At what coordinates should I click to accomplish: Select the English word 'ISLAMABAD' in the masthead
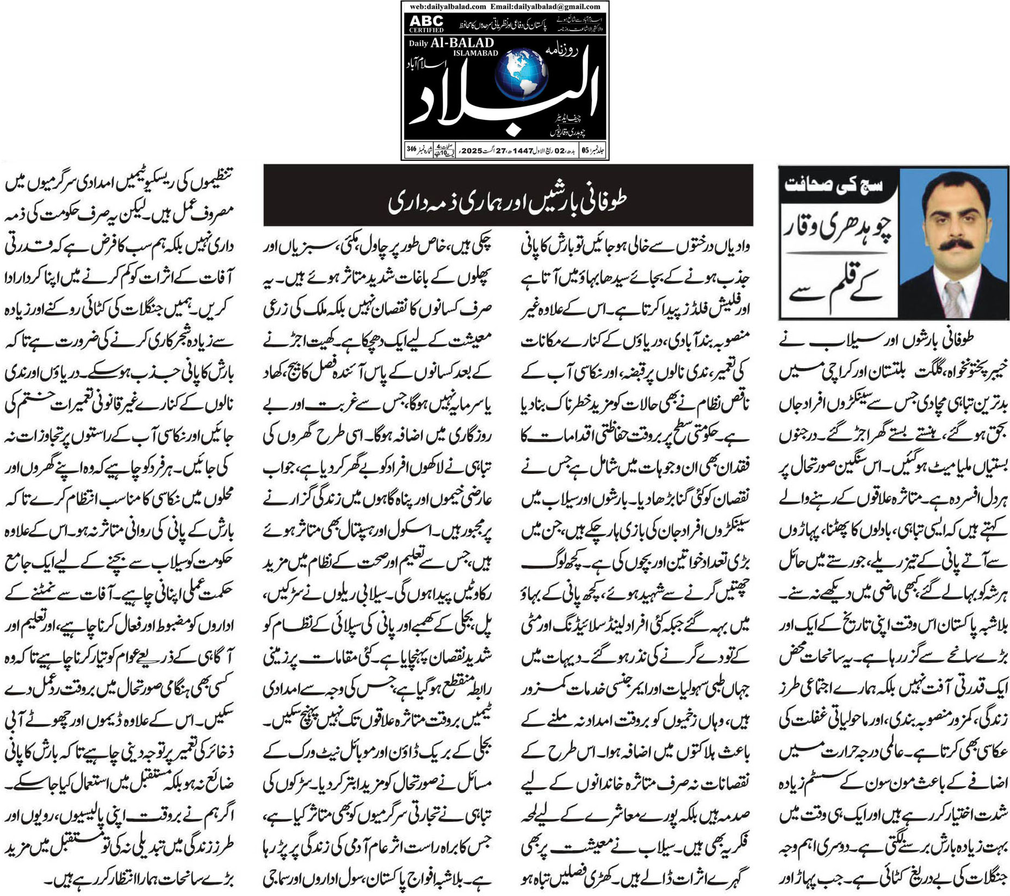[x=475, y=53]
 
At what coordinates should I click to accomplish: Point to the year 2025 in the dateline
[x=472, y=151]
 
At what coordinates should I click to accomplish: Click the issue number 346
[x=411, y=149]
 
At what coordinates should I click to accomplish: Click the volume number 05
[x=585, y=151]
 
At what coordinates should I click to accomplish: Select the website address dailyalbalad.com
[x=448, y=7]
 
